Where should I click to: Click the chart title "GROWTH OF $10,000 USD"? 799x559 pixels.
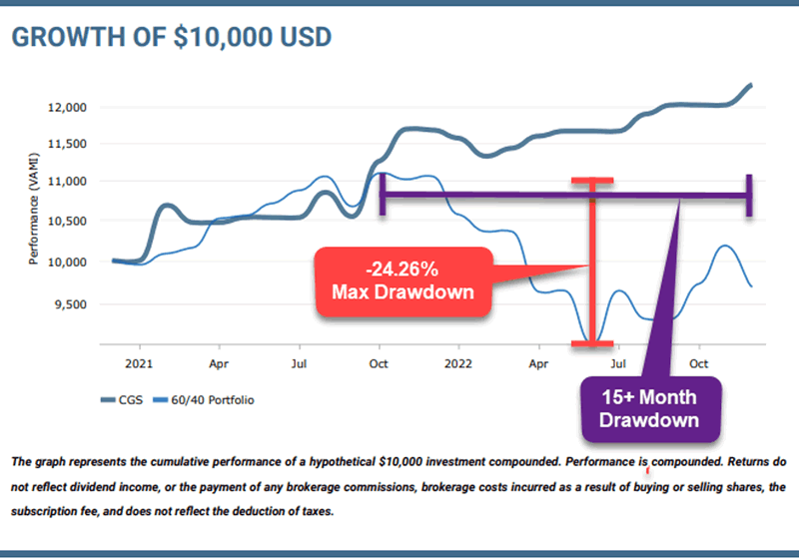[x=171, y=37]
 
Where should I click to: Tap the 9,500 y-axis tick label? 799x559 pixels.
[x=71, y=304]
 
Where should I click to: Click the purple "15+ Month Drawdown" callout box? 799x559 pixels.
[x=648, y=408]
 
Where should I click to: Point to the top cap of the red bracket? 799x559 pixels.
[x=592, y=181]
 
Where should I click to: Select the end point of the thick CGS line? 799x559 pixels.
[x=750, y=85]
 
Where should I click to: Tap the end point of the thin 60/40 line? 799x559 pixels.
[x=750, y=286]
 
